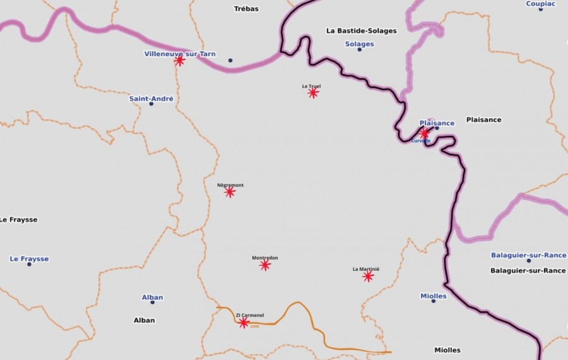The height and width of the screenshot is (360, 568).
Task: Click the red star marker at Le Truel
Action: (313, 93)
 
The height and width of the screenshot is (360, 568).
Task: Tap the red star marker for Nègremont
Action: (230, 192)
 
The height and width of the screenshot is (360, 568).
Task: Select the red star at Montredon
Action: (265, 265)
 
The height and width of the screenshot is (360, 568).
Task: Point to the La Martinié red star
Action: (368, 277)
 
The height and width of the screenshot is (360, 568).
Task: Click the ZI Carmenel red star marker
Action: (244, 323)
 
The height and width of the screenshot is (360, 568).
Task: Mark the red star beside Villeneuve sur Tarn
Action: (179, 61)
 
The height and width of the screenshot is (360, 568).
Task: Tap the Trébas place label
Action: (246, 9)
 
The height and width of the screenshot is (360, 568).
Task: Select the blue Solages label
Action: (360, 44)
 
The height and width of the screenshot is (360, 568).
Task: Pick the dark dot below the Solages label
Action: (360, 49)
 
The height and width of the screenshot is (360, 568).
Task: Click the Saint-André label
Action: (151, 99)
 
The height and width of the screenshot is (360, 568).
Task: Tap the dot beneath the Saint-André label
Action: (151, 104)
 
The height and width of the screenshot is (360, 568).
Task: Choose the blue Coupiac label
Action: (541, 4)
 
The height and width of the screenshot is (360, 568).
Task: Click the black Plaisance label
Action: (483, 119)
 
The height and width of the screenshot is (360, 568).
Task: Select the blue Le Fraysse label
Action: (29, 259)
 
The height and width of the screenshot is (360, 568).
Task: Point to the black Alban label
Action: (144, 320)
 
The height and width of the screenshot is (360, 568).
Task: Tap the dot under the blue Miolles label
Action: (434, 301)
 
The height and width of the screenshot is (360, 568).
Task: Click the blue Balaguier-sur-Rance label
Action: (528, 255)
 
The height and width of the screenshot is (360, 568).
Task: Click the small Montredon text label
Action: (265, 258)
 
